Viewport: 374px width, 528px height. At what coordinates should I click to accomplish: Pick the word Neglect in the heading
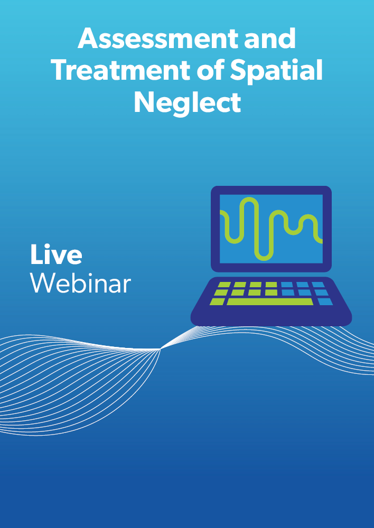188,103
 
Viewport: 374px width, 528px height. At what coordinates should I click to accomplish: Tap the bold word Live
56,254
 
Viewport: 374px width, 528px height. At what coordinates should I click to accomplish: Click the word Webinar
80,283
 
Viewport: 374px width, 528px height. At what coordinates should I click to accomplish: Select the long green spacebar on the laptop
270,301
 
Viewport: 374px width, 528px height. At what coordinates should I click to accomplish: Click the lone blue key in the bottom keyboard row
325,301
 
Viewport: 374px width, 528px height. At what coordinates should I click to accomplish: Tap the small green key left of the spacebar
217,301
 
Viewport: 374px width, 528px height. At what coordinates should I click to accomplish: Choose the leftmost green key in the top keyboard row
224,285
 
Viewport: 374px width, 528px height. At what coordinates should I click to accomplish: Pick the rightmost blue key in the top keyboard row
318,285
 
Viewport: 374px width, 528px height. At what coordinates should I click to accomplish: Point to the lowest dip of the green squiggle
264,260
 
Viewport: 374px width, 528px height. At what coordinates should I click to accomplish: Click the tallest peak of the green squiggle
249,199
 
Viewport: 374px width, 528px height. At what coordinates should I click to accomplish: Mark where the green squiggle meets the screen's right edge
322,241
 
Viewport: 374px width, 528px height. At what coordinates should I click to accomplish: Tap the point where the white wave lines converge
160,349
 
